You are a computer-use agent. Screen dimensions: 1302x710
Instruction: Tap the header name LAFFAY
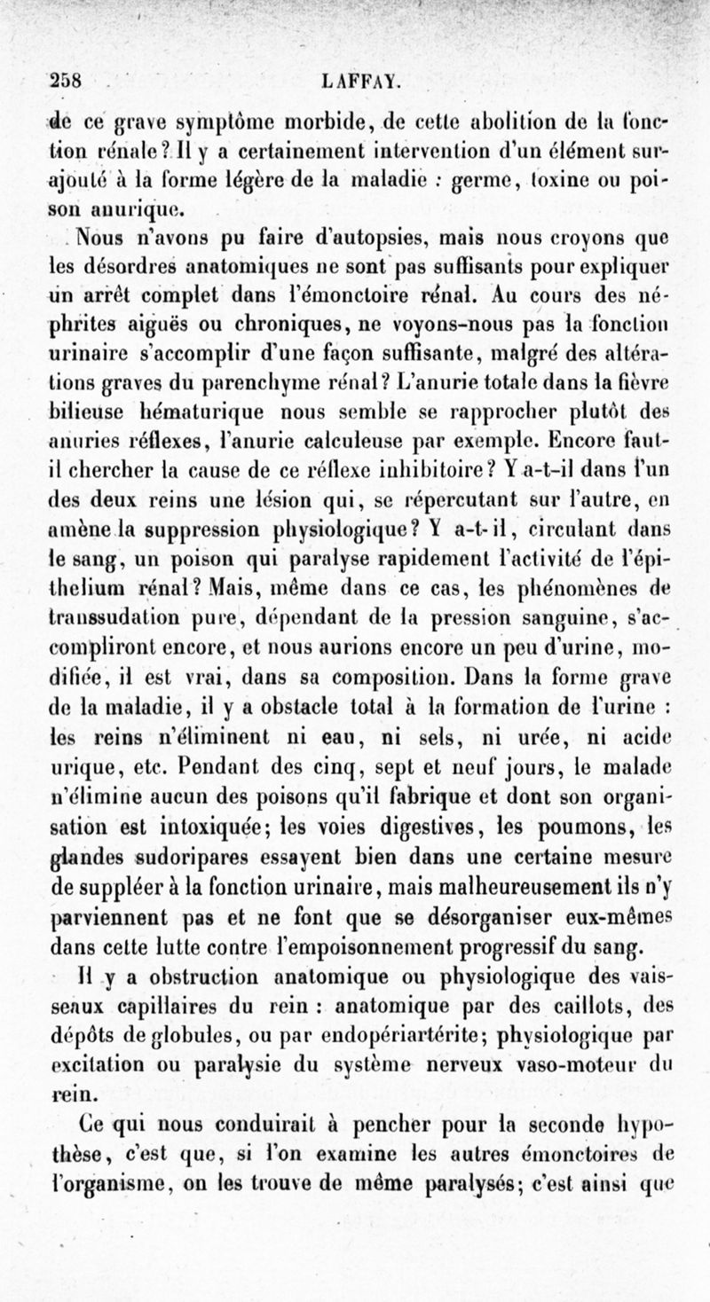pos(363,82)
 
